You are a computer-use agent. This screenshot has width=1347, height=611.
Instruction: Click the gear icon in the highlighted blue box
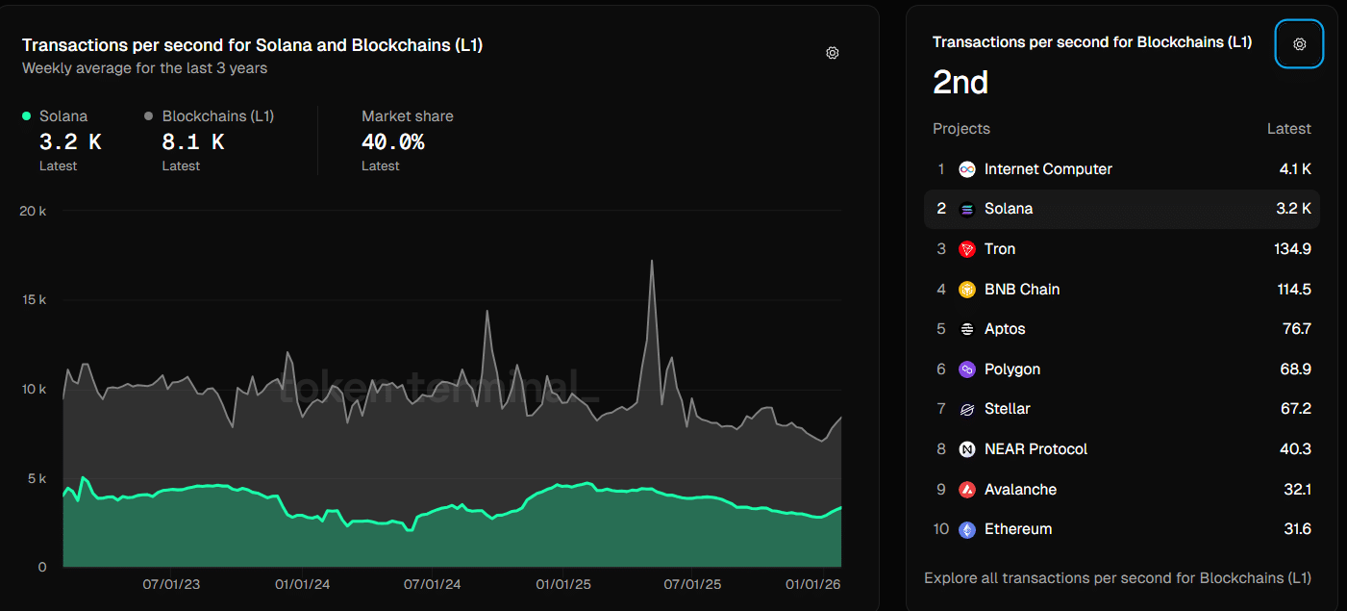[x=1299, y=44]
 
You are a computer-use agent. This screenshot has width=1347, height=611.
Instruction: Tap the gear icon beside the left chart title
[x=833, y=53]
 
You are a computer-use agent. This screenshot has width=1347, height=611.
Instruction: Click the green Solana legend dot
[x=27, y=116]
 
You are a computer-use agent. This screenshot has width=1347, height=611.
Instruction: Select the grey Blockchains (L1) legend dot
[x=149, y=116]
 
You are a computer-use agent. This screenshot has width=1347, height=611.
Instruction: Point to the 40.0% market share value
[x=392, y=142]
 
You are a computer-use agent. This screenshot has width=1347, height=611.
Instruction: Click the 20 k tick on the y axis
[x=33, y=211]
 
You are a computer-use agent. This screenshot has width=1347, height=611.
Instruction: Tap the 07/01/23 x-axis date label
[x=171, y=584]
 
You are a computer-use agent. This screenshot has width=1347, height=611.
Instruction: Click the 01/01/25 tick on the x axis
[x=563, y=584]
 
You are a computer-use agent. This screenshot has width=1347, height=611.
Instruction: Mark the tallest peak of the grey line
[x=652, y=261]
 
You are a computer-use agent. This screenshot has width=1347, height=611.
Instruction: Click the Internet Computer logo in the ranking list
[x=967, y=169]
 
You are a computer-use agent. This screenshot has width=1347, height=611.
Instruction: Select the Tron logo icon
[x=967, y=249]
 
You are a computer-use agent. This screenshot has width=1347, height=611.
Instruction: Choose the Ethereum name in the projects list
[x=1017, y=529]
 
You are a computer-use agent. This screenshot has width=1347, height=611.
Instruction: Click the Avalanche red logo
[x=967, y=490]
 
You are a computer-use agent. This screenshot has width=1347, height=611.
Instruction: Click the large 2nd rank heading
[x=960, y=83]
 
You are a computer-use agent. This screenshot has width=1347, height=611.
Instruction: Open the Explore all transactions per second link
[x=1117, y=578]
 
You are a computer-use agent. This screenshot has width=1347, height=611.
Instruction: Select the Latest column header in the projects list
[x=1288, y=129]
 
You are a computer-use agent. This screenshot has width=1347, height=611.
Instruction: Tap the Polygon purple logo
[x=967, y=369]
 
